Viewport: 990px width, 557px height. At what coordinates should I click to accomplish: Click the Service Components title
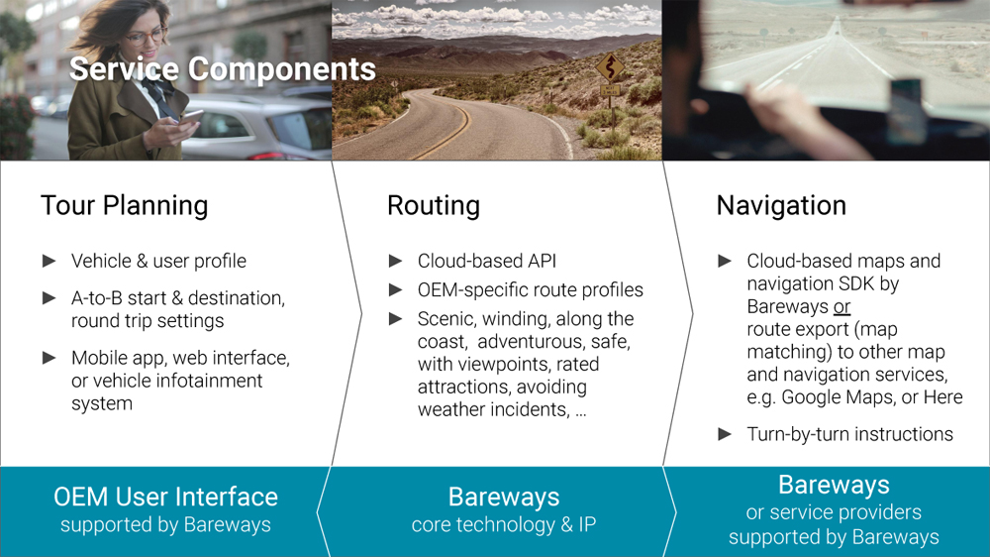[222, 69]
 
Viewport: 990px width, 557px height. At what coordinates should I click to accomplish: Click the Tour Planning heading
[125, 206]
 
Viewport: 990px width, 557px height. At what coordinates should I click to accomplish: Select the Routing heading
[434, 206]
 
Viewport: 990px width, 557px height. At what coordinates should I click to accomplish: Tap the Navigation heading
[781, 206]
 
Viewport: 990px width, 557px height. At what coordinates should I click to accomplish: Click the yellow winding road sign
[610, 66]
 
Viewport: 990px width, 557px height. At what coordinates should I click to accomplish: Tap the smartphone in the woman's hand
[191, 118]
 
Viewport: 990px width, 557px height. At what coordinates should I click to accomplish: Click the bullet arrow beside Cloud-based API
[396, 261]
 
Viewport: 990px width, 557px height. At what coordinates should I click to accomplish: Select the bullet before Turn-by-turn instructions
[725, 434]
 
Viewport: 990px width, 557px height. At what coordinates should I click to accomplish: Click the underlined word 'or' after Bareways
[841, 306]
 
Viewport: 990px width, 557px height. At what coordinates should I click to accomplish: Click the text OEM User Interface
[165, 497]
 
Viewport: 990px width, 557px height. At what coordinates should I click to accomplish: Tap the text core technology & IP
[504, 524]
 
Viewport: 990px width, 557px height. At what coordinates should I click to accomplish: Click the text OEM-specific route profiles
[531, 290]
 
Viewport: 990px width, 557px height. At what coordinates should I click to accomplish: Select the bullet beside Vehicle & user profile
[49, 261]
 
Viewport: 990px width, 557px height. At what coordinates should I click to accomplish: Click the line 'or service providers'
[834, 512]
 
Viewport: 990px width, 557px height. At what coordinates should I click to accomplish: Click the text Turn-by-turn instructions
[849, 434]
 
